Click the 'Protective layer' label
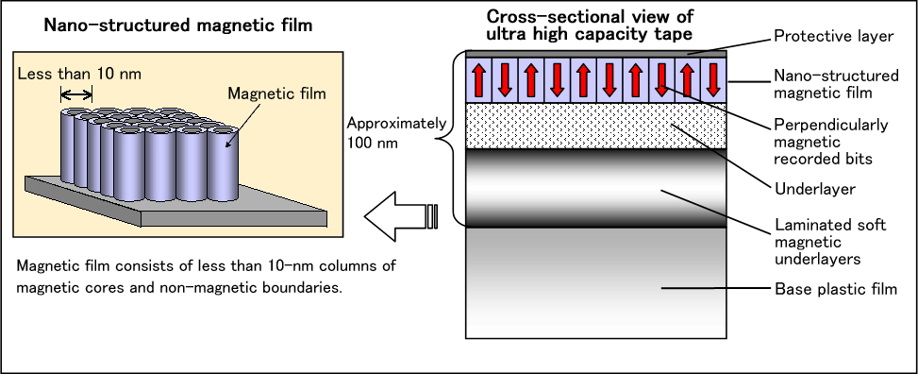pos(834,36)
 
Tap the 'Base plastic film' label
pos(836,289)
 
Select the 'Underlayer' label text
pos(815,189)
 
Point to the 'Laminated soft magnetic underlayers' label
pos(830,242)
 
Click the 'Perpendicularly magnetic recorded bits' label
pos(831,142)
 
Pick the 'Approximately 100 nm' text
pos(396,132)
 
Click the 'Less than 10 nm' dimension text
pos(79,75)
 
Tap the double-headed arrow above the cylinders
pos(76,94)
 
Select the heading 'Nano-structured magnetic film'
pos(178,25)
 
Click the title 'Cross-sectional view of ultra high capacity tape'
pos(590,25)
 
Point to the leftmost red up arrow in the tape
pos(479,80)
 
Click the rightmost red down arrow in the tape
pos(713,80)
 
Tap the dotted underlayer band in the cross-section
pos(596,126)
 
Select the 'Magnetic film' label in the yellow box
pos(276,93)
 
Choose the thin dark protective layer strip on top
pos(596,54)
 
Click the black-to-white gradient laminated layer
pos(596,188)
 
